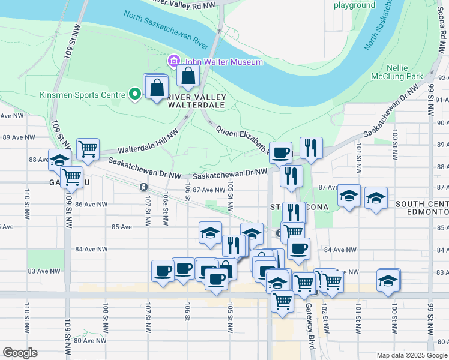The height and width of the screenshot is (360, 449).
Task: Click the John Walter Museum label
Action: pyautogui.click(x=223, y=62)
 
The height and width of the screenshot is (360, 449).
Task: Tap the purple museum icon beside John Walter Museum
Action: pyautogui.click(x=174, y=61)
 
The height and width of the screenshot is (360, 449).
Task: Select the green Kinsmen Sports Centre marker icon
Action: pyautogui.click(x=135, y=94)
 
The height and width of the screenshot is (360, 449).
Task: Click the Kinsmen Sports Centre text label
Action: pyautogui.click(x=82, y=95)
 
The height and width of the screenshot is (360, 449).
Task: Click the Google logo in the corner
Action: pyautogui.click(x=20, y=353)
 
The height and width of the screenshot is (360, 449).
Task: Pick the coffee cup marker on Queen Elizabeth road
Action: pyautogui.click(x=280, y=152)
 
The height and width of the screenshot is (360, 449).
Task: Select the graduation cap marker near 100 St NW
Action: pyautogui.click(x=388, y=280)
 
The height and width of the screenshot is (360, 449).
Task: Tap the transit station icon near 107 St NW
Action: pyautogui.click(x=144, y=187)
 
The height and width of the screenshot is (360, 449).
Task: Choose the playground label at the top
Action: pyautogui.click(x=354, y=5)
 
